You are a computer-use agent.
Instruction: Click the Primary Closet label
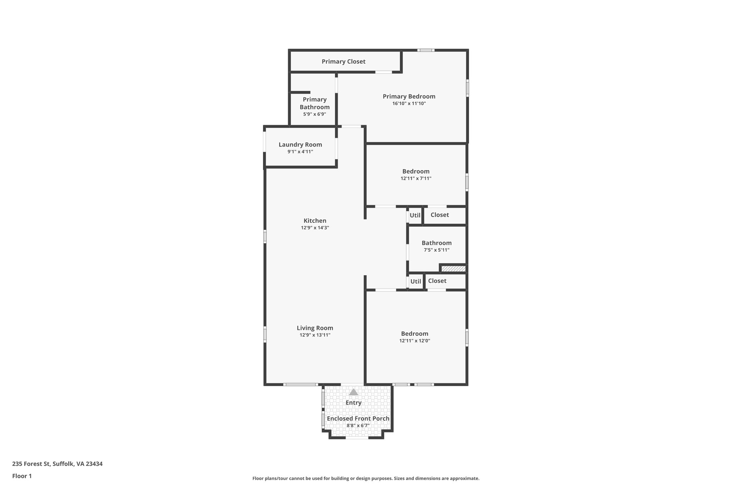tap(343, 61)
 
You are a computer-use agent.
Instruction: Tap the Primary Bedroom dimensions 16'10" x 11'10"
tap(409, 104)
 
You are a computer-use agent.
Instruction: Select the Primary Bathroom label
tap(315, 103)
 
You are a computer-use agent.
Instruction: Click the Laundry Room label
tap(300, 144)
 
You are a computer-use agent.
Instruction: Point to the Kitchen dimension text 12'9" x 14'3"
tap(315, 228)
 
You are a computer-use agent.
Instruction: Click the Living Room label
tap(315, 328)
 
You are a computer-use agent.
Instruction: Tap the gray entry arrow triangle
tap(353, 392)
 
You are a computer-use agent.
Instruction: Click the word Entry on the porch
tap(353, 403)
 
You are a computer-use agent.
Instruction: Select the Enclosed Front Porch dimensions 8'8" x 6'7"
tap(358, 426)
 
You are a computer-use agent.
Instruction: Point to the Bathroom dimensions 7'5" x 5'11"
tap(436, 250)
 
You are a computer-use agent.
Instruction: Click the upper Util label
tap(415, 215)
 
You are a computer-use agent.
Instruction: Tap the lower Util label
tap(416, 281)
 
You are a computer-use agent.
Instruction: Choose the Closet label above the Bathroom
tap(440, 215)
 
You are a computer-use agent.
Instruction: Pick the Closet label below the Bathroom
tap(437, 281)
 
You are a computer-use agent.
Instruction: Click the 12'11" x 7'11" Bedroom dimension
tap(416, 178)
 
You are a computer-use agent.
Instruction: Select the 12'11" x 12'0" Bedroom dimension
tap(415, 341)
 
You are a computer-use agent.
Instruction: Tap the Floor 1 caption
tap(22, 476)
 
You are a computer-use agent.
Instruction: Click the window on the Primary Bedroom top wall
tap(425, 50)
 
